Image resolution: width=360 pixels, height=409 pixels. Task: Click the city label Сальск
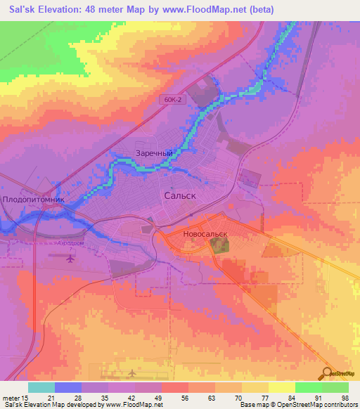(179, 196)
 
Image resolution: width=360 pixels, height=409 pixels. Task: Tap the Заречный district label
(154, 152)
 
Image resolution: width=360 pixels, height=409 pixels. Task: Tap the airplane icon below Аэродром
(69, 258)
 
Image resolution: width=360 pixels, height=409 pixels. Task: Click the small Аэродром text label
(69, 244)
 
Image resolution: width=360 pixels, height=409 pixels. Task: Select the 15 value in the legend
(25, 397)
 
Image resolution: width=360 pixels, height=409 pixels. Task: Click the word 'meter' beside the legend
(11, 397)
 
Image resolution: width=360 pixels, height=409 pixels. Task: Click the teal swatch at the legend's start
(41, 387)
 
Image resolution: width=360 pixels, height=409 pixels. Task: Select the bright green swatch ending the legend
(335, 387)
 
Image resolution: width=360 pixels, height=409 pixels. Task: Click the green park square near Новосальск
(220, 245)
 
